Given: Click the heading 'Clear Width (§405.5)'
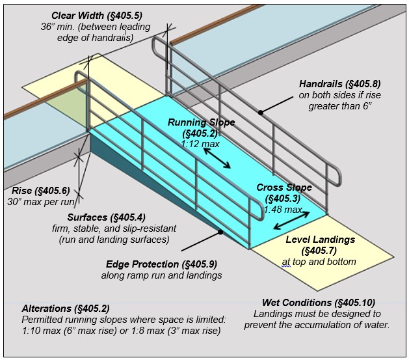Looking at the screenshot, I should pyautogui.click(x=97, y=15).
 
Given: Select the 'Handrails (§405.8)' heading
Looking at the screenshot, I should pyautogui.click(x=339, y=84).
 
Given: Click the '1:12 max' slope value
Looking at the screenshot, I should pyautogui.click(x=201, y=145).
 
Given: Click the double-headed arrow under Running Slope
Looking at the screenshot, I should pyautogui.click(x=217, y=158).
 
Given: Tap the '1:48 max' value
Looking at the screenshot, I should pyautogui.click(x=283, y=210).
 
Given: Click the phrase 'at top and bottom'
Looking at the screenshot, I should pyautogui.click(x=319, y=262).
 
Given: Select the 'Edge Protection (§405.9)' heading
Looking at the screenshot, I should pyautogui.click(x=161, y=264).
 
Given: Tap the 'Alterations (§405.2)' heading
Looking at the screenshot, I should pyautogui.click(x=65, y=308).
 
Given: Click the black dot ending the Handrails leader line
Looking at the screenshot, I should pyautogui.click(x=260, y=113).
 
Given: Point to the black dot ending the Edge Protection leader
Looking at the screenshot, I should pyautogui.click(x=220, y=232).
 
